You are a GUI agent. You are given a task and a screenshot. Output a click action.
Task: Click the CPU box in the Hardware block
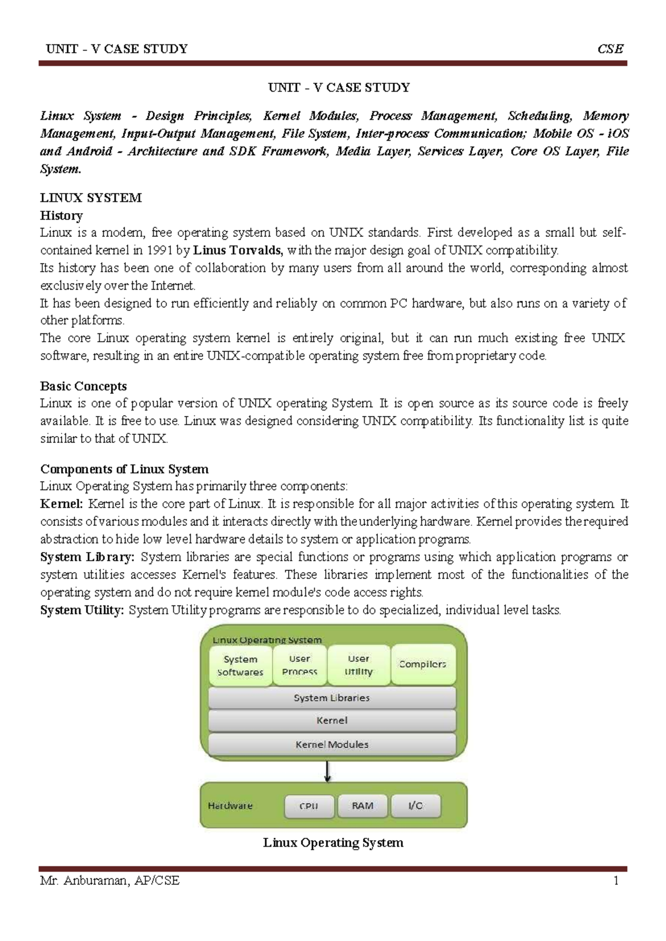309,806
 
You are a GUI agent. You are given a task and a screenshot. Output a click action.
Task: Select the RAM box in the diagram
362,806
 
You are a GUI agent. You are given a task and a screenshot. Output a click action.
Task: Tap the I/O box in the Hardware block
416,806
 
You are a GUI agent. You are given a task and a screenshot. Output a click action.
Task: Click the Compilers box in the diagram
423,664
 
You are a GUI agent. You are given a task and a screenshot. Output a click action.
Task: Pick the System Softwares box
240,665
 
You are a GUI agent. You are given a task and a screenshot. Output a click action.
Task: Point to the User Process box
300,665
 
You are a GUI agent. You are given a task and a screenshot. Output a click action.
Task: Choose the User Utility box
359,665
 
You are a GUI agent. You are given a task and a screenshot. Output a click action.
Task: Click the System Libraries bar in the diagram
332,698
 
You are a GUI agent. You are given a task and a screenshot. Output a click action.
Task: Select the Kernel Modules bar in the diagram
332,745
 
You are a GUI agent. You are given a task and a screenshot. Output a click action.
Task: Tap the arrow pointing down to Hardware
328,771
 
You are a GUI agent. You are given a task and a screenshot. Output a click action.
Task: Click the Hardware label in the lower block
230,806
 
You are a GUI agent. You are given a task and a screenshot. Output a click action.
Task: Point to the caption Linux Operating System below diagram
333,843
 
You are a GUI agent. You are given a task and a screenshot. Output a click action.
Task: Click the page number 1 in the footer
616,881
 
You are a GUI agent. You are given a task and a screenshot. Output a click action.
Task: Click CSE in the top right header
610,49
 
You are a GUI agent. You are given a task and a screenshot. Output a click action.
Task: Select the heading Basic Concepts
83,386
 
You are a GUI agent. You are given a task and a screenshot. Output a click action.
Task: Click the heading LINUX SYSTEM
91,198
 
